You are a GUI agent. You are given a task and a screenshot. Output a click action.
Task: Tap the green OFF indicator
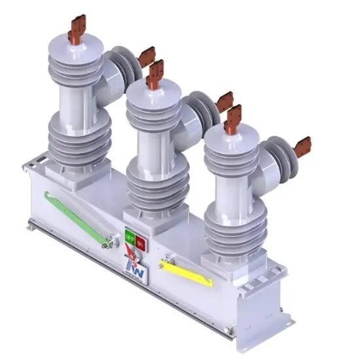[129, 236]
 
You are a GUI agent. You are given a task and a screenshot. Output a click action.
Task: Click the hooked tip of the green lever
[48, 193]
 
